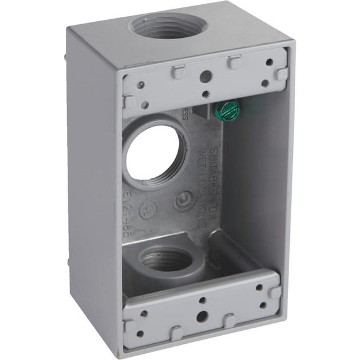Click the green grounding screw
tap(227, 110)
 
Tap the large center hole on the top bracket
tap(204, 76)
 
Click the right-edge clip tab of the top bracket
tap(282, 74)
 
